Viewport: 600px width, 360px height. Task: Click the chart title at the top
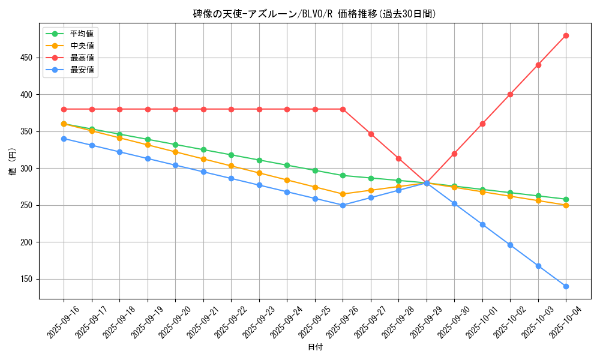[314, 14]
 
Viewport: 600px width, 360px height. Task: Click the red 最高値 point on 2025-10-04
[566, 35]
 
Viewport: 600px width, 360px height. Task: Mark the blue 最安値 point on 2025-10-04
[566, 286]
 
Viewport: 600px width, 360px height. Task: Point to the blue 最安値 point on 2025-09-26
[343, 205]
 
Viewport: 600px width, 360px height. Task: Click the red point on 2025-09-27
[371, 134]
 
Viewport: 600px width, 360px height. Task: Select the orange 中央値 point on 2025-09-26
[343, 194]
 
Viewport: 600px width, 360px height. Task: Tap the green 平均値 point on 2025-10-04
[566, 199]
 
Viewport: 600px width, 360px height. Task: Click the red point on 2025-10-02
[510, 94]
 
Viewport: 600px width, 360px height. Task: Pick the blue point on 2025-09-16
[64, 139]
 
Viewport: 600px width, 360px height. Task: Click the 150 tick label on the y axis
[28, 279]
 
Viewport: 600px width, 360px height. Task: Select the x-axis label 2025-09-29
[414, 323]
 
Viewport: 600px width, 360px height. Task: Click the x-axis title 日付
[314, 347]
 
